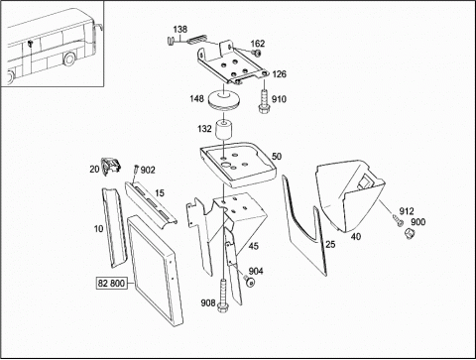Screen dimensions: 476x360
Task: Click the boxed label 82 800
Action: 112,284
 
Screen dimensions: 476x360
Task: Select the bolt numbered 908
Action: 223,296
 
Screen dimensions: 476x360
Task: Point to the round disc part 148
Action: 223,100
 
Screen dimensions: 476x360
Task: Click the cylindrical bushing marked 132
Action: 224,131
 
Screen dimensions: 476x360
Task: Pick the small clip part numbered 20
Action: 110,166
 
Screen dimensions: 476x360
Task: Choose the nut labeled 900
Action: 410,234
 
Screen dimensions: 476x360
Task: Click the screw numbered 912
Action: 398,220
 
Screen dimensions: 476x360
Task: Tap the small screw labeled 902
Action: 136,170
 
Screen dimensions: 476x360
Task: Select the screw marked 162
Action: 256,53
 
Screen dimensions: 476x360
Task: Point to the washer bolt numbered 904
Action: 249,281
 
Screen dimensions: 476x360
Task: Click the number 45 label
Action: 253,246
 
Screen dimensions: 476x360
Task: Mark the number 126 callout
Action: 280,74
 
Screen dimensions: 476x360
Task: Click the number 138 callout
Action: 180,29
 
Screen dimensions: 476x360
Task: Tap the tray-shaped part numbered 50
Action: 238,165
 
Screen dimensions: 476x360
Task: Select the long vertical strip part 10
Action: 114,227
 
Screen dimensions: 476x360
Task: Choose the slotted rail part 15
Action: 151,202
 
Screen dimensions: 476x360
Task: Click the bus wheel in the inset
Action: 68,59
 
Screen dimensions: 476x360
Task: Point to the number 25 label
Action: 330,244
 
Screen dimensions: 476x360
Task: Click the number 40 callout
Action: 356,237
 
